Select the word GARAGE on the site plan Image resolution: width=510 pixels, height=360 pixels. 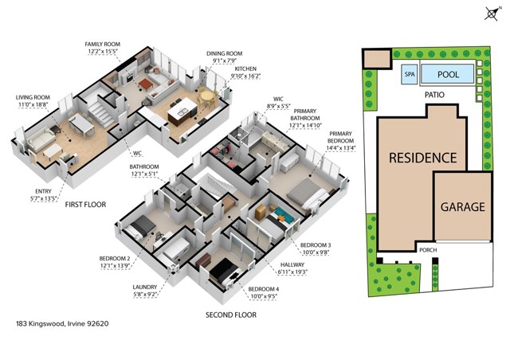462,207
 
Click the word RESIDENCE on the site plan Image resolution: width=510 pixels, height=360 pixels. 422,158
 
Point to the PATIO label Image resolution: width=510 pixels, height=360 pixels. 434,95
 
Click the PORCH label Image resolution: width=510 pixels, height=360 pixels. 428,248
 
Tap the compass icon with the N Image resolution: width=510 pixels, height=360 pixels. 492,13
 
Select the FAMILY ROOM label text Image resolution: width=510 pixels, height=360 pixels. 101,46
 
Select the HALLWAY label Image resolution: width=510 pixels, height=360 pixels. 295,269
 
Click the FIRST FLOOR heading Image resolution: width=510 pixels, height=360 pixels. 85,205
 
